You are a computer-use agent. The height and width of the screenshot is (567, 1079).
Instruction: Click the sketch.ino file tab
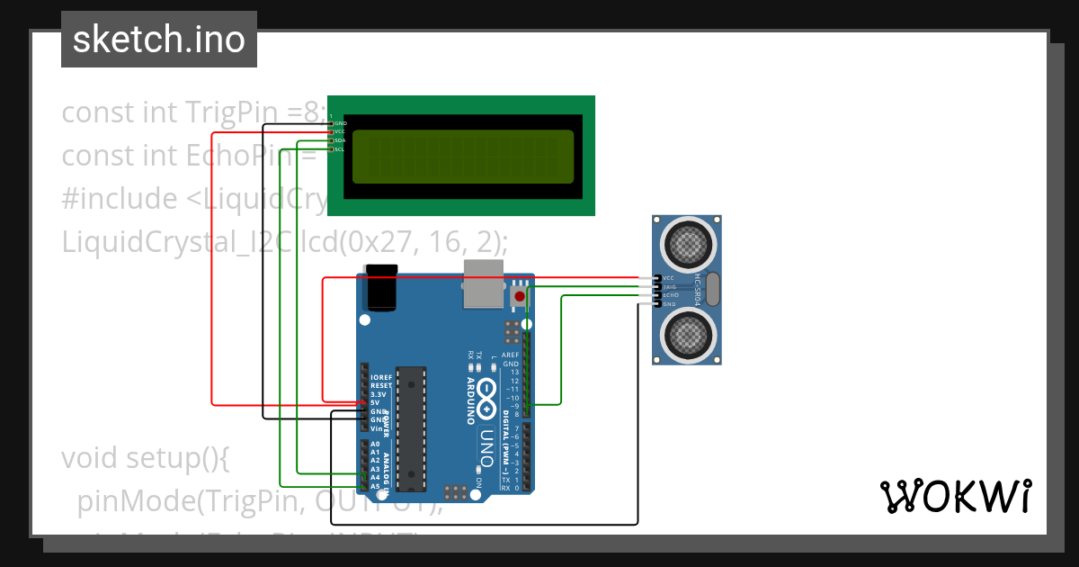tap(158, 40)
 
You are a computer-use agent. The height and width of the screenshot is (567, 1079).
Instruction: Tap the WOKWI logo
tap(955, 496)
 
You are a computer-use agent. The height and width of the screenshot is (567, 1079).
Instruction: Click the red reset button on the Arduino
tap(519, 296)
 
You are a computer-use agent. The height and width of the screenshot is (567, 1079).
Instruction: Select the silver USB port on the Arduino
tap(483, 285)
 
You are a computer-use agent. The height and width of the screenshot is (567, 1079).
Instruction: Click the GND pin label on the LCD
tap(340, 123)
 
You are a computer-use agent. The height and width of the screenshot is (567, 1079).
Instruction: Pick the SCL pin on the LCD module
tap(339, 149)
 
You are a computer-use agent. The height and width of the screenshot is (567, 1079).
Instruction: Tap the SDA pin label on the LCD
tap(340, 140)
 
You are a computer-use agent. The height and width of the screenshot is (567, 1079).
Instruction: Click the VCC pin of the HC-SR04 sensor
tap(668, 279)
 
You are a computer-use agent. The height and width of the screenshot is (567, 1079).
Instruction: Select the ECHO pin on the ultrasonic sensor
tap(670, 296)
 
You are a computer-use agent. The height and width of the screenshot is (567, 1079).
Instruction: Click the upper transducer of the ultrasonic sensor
tap(689, 242)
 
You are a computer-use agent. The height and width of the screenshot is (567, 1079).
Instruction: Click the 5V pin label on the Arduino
tap(374, 402)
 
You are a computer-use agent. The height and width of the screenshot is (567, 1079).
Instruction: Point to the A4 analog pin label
tap(374, 477)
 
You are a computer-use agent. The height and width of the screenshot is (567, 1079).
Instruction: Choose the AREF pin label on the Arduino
tap(511, 355)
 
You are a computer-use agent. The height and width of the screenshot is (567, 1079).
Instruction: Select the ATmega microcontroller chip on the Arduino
tap(411, 428)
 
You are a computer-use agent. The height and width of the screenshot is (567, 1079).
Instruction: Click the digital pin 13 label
tap(514, 372)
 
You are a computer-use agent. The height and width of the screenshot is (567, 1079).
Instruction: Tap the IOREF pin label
tap(380, 376)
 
